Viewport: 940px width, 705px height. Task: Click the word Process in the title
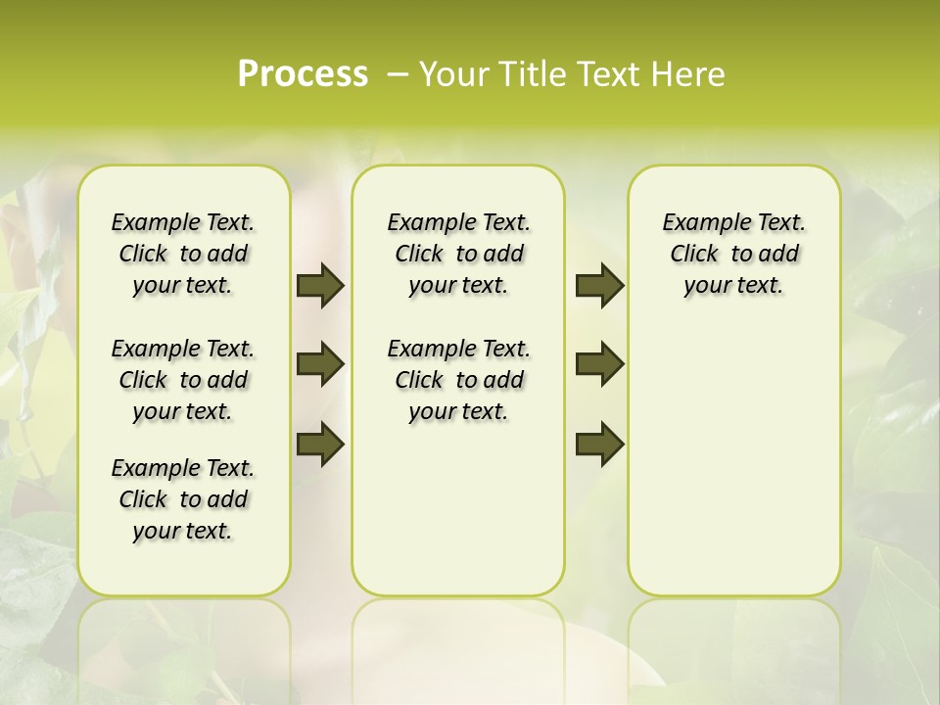pos(303,73)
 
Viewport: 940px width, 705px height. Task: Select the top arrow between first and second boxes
pos(320,286)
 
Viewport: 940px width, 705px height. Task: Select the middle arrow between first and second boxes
pos(320,365)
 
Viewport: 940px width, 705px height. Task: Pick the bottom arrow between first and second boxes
pos(320,445)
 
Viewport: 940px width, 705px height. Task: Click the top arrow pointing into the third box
pos(599,286)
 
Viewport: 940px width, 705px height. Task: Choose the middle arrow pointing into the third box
pos(599,365)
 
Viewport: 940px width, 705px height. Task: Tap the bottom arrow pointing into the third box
pos(599,445)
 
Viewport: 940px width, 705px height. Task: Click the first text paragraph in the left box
pos(183,254)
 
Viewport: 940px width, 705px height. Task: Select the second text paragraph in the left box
pos(183,380)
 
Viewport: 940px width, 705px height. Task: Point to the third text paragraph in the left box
pos(183,499)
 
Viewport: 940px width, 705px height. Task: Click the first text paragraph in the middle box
pos(458,254)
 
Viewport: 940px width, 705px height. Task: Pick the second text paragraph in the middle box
pos(458,380)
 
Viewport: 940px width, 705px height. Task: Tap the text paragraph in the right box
pos(733,254)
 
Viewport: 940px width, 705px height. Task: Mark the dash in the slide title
pos(398,74)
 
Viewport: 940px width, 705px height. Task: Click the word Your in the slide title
pos(449,74)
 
